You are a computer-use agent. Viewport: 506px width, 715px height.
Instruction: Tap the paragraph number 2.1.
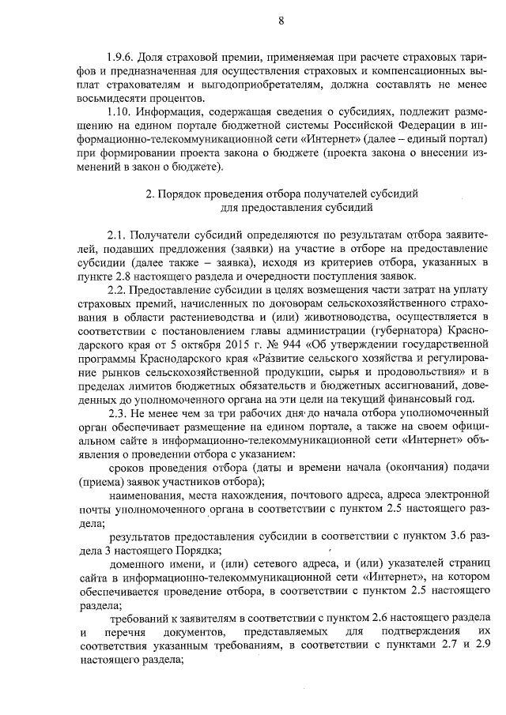tap(118, 235)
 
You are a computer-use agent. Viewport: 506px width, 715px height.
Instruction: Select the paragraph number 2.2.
tap(118, 289)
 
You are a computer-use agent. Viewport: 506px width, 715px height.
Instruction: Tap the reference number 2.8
tap(120, 276)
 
